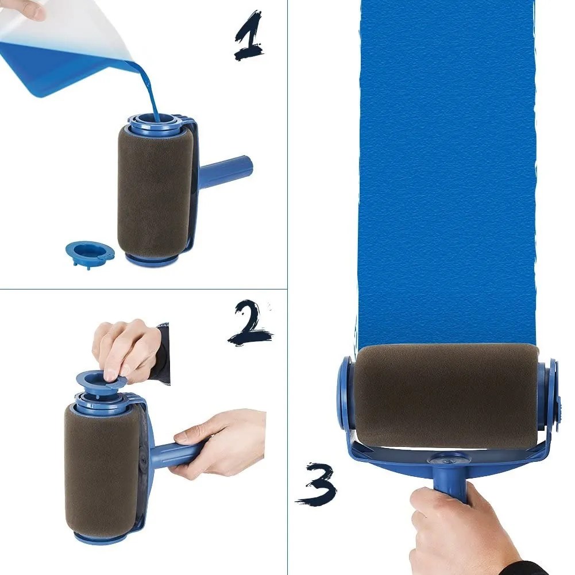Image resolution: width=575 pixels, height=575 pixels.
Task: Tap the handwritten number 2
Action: click(x=251, y=323)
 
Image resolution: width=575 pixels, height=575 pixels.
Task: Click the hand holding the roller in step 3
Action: click(x=454, y=528)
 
